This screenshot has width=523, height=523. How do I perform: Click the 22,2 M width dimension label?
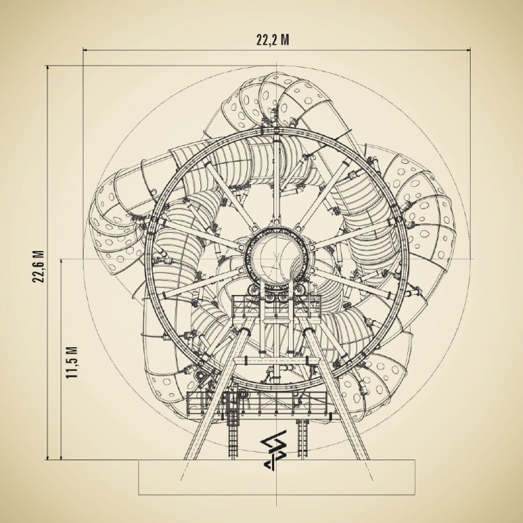273,40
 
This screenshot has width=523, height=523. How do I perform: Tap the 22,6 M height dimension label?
38,266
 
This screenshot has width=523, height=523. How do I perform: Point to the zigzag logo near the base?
273,450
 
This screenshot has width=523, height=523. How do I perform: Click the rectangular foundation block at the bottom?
277,477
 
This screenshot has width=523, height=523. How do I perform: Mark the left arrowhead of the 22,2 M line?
85,50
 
